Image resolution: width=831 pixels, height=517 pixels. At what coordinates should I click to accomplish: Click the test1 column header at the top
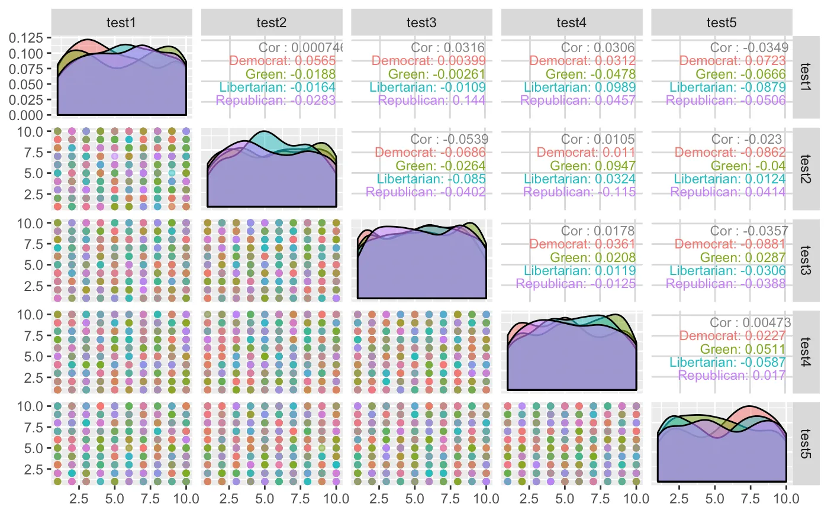(121, 22)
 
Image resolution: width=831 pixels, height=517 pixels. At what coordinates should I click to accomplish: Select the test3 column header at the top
(421, 22)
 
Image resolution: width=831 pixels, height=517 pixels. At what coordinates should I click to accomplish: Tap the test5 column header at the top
(722, 22)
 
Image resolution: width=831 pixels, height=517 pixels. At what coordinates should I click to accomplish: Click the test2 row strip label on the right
(806, 169)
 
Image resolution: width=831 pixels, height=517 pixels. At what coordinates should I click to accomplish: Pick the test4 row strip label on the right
(806, 352)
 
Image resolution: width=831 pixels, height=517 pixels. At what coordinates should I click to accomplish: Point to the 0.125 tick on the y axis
(26, 38)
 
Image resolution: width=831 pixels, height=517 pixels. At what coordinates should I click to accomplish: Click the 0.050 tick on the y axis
(26, 85)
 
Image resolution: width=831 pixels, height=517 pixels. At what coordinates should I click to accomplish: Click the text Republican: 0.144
(431, 101)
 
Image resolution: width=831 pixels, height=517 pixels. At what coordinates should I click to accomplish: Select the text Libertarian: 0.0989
(579, 88)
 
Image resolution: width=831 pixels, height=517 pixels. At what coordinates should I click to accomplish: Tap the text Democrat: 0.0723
(732, 60)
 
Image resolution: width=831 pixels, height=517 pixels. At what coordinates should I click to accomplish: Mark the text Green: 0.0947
(592, 166)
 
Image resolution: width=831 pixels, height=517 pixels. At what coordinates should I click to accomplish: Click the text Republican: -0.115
(579, 192)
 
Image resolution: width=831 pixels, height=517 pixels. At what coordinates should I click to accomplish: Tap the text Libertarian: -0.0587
(727, 363)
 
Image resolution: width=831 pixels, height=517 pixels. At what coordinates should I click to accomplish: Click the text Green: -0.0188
(291, 75)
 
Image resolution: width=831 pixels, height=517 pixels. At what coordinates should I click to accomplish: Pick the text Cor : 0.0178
(598, 231)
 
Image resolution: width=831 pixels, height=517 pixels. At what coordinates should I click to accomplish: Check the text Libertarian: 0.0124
(730, 179)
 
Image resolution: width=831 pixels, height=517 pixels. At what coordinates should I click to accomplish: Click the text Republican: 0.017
(732, 376)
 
